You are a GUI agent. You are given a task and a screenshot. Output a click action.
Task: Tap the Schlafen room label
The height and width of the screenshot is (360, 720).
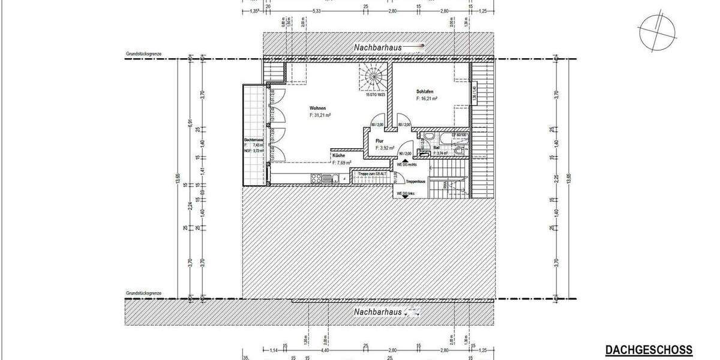[425, 92]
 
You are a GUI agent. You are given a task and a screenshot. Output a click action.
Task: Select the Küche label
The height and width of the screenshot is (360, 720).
[338, 155]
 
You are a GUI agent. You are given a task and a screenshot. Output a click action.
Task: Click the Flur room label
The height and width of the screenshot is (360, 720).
[380, 141]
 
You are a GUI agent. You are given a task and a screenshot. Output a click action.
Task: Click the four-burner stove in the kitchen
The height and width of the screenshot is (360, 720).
[317, 178]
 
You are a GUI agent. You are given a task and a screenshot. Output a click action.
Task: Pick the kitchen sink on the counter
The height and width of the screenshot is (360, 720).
[328, 178]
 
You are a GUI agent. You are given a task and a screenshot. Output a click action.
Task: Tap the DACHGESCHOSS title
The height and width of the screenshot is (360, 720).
[648, 350]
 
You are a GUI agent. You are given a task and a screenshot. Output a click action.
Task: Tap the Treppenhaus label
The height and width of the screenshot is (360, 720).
[415, 181]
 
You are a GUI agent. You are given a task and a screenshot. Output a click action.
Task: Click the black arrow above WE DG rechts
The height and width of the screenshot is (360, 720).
[404, 161]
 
